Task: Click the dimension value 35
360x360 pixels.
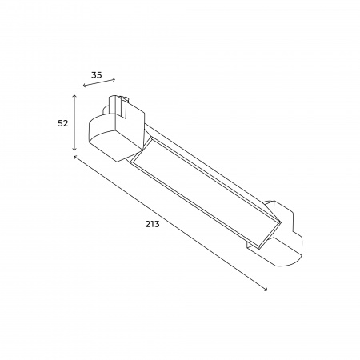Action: [97, 75]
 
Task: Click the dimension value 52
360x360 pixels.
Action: [63, 123]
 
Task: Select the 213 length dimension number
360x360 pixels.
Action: [152, 224]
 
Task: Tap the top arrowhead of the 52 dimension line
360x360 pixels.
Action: [75, 95]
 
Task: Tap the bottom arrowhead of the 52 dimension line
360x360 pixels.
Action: [75, 149]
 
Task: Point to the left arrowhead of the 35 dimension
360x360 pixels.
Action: [84, 86]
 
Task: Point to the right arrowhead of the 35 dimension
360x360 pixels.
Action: [114, 79]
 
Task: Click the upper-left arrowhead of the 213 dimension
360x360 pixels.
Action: [75, 157]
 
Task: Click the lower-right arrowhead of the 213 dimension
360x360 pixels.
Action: [266, 290]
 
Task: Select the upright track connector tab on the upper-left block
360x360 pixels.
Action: [118, 106]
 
